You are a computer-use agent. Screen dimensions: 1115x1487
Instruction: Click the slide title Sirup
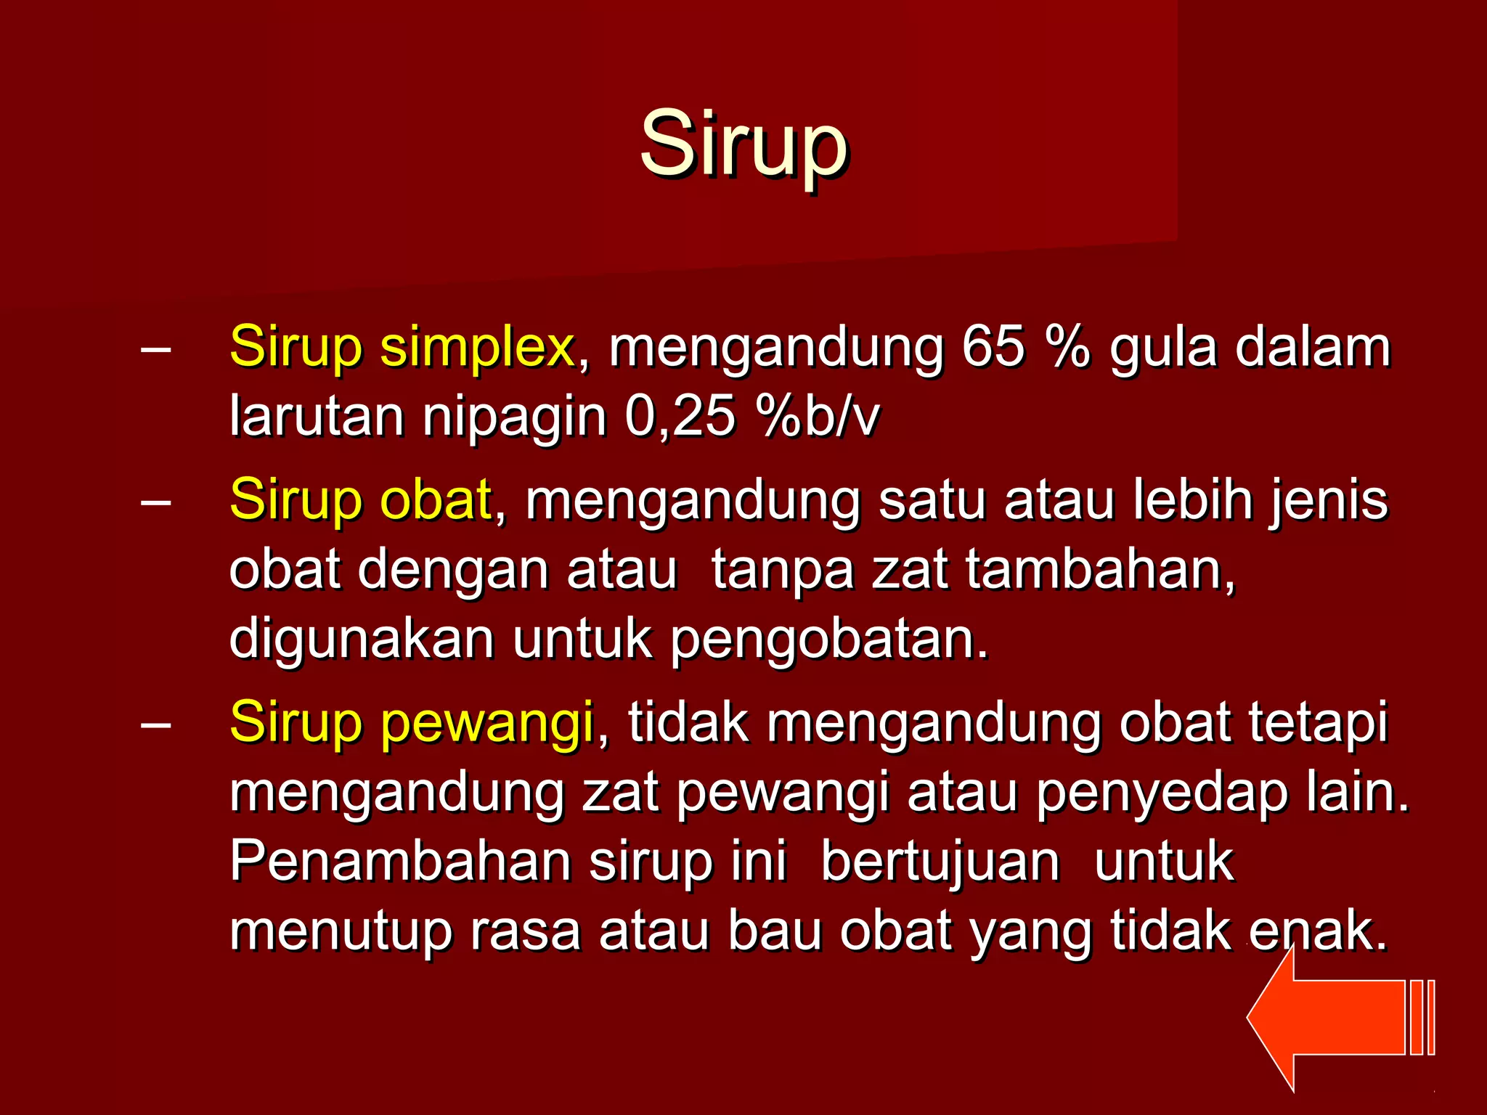pos(743,144)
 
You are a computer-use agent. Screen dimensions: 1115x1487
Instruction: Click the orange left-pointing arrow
pos(1336,1016)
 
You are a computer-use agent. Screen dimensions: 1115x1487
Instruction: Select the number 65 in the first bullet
pos(993,347)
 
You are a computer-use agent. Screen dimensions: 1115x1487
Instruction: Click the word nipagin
pos(514,418)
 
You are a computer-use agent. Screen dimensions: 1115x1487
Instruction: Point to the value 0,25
pos(680,417)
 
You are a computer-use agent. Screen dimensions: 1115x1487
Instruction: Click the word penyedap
pos(1162,794)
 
